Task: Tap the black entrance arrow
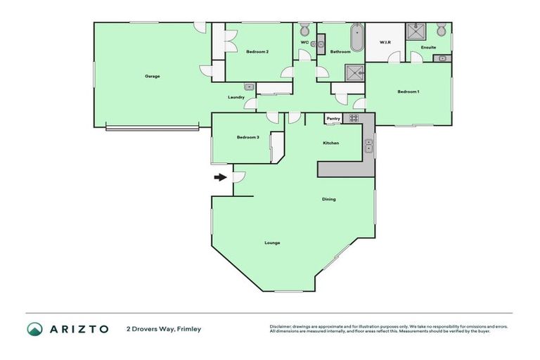pos(221,177)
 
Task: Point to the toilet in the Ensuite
pos(441,30)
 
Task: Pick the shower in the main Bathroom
pos(354,72)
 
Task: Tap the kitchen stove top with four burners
pos(354,118)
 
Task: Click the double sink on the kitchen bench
pos(368,146)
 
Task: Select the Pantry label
pos(333,119)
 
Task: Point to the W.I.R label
pos(385,42)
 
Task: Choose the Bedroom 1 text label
pos(408,91)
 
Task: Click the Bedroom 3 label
pos(247,137)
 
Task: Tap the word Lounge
pos(272,243)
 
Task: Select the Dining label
pos(328,199)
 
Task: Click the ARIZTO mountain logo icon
pos(34,328)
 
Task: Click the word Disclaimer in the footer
pos(282,326)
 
